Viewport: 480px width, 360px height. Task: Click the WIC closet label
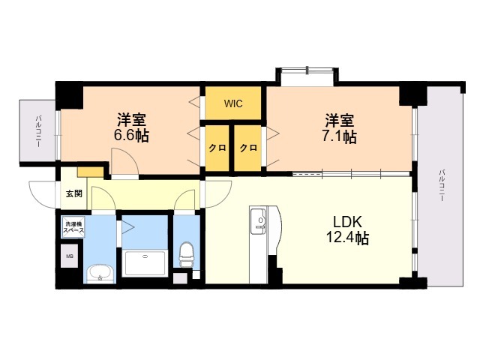[x=233, y=103]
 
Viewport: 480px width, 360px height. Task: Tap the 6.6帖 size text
[x=132, y=136]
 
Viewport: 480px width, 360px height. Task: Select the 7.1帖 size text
[x=340, y=136]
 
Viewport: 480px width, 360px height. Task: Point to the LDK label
[x=348, y=222]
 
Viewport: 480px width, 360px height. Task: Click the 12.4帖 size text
[x=348, y=238]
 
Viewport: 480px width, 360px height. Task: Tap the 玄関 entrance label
[x=74, y=193]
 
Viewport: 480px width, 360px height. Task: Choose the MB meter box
[x=70, y=256]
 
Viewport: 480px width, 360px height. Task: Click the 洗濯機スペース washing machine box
[x=73, y=227]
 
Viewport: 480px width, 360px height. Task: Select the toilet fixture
[x=186, y=254]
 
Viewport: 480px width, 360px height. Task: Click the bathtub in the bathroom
[x=145, y=263]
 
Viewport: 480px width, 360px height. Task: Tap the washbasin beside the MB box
[x=100, y=273]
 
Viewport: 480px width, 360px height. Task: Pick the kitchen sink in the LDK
[x=259, y=220]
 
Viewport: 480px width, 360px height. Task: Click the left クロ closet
[x=217, y=148]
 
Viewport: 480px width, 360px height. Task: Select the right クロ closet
[x=248, y=148]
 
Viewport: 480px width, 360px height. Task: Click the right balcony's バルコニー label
[x=442, y=185]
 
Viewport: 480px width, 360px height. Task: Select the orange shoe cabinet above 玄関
[x=90, y=172]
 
